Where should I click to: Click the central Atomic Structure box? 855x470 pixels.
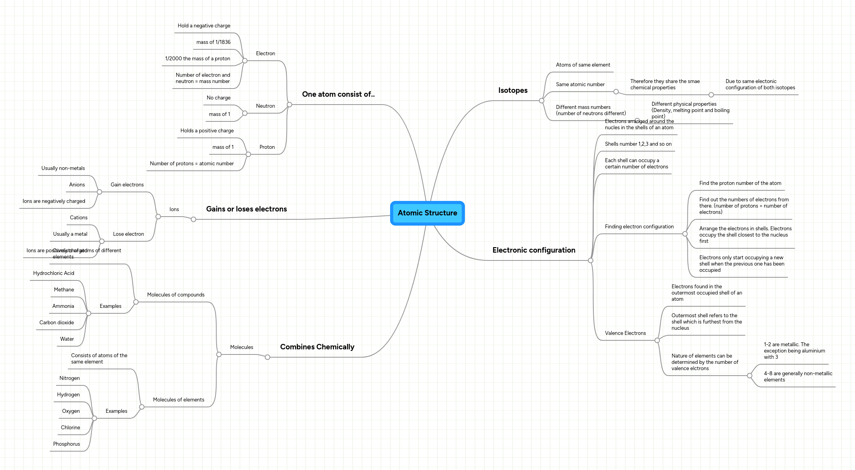click(x=427, y=213)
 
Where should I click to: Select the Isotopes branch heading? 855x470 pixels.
click(x=513, y=90)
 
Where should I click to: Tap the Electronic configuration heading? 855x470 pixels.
click(x=533, y=250)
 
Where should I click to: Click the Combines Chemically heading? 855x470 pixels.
click(x=317, y=347)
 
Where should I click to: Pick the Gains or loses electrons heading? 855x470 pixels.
click(x=246, y=209)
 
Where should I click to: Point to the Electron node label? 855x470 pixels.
click(x=266, y=54)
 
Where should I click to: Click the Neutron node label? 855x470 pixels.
click(x=266, y=106)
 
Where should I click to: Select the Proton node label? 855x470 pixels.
click(x=267, y=147)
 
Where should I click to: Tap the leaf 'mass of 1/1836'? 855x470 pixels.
click(x=213, y=42)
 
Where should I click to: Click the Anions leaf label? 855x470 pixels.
click(x=77, y=185)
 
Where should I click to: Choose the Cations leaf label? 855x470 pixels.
click(x=79, y=218)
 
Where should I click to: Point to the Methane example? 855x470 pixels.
click(x=64, y=290)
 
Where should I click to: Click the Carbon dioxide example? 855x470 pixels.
click(x=56, y=323)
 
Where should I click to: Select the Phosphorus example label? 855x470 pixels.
click(x=67, y=444)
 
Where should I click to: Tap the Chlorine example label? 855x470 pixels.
click(x=70, y=428)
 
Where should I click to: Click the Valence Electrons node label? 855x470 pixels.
click(x=625, y=333)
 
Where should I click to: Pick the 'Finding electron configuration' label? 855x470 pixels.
click(x=639, y=227)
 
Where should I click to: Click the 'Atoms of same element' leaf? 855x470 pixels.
click(x=583, y=65)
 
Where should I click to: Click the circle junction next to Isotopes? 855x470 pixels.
click(x=542, y=101)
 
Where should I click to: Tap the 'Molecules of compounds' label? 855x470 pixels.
click(x=176, y=295)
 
